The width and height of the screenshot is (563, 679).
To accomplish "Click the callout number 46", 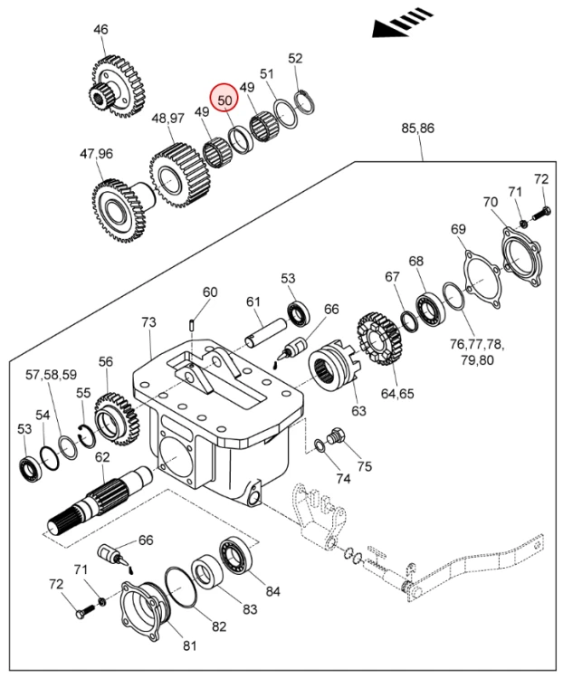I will (x=100, y=30).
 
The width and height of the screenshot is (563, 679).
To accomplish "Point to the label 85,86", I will (x=417, y=129).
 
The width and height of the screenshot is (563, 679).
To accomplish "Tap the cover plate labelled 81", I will (x=146, y=612).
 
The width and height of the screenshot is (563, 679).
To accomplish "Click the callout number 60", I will (x=210, y=292).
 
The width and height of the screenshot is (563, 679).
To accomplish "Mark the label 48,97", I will (x=168, y=118).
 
